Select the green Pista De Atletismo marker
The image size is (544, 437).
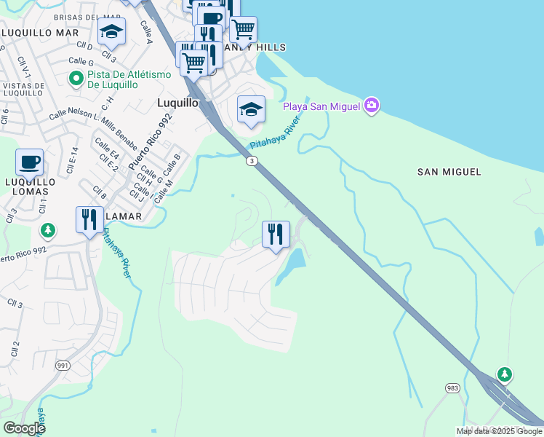coord(75,77)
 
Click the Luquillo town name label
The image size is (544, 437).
coord(177,103)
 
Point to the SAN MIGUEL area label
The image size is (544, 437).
coord(449,172)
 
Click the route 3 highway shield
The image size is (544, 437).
coord(250,161)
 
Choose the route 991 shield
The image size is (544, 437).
coord(63,365)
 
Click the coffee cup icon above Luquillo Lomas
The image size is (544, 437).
coord(29,162)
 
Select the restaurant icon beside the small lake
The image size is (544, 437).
coord(276,234)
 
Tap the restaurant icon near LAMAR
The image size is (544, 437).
coord(89,219)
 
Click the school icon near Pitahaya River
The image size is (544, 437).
coord(251,109)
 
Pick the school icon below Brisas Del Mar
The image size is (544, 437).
coord(111,31)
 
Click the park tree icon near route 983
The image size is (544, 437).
coord(504,374)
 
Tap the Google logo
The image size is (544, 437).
coord(24,428)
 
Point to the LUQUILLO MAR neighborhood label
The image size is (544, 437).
coord(41,33)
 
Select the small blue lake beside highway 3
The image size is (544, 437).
coord(291,265)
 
